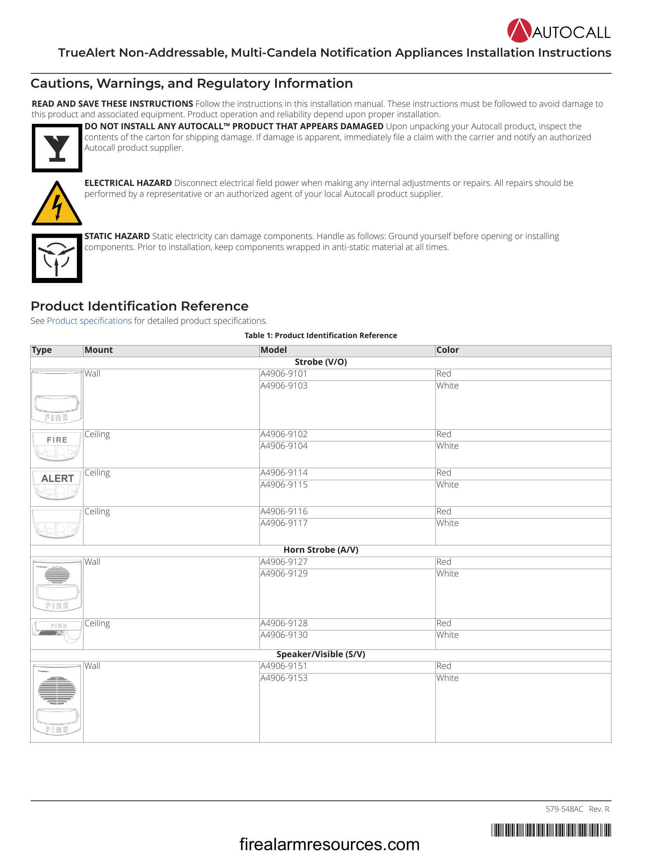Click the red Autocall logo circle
click(x=519, y=31)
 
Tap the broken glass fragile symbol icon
click(x=57, y=148)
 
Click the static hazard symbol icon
click(x=57, y=258)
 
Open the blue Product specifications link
click(x=89, y=321)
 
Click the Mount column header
click(x=99, y=350)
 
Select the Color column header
click(x=447, y=350)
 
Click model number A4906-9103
click(x=284, y=385)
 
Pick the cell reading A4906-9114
click(x=284, y=472)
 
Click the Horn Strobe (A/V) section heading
click(x=321, y=550)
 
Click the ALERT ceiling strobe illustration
click(x=57, y=487)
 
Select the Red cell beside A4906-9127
click(x=444, y=562)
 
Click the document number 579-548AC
click(x=564, y=809)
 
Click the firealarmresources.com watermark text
click(x=329, y=844)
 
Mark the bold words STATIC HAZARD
click(x=117, y=236)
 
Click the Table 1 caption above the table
click(x=321, y=335)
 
